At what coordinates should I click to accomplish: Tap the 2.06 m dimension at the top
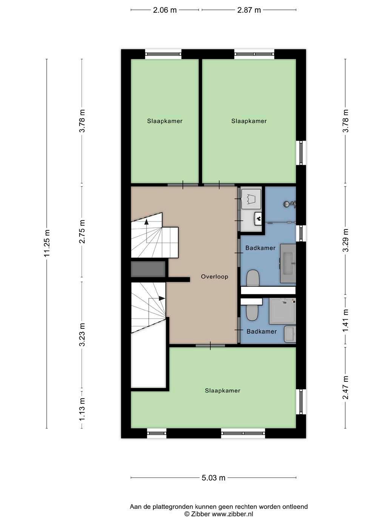pos(165,10)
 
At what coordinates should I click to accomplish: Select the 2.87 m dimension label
pos(249,10)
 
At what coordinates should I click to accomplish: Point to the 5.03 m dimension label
pos(213,478)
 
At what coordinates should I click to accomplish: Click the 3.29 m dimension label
pos(346,240)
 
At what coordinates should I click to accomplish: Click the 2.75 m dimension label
pos(82,231)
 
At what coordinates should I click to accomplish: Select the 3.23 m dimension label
pos(82,334)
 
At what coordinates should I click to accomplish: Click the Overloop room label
pos(215,276)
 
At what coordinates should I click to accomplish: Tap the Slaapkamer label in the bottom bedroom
pos(222,390)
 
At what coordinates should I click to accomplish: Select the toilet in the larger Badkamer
pos(253,278)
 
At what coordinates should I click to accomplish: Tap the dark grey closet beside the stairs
pos(148,269)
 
